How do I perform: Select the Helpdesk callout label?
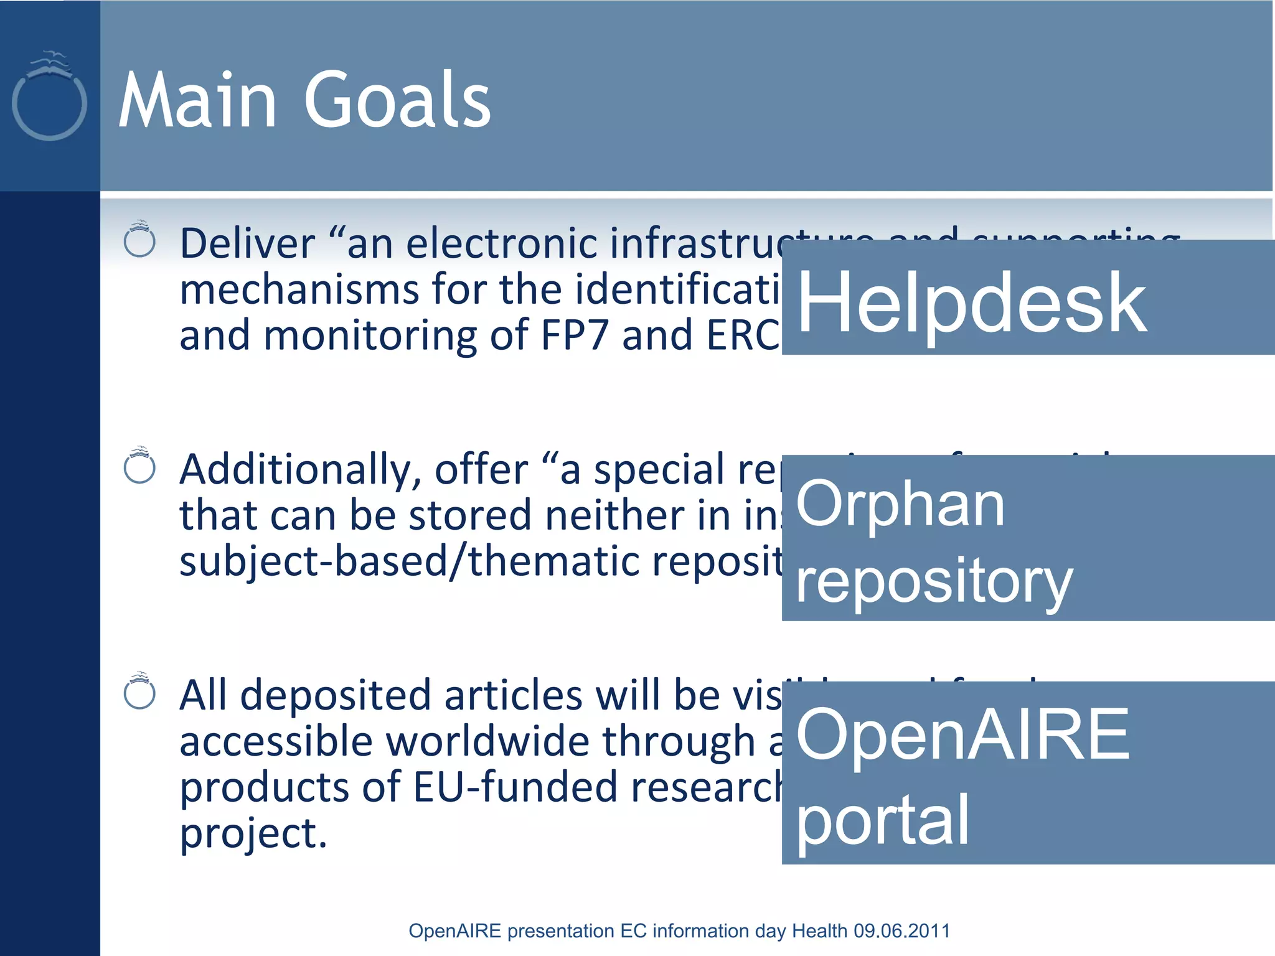(x=971, y=303)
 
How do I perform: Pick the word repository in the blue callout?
(x=934, y=582)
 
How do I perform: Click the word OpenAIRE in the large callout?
(x=962, y=736)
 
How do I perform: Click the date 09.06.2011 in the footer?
(x=901, y=930)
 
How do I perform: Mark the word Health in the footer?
(x=819, y=930)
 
